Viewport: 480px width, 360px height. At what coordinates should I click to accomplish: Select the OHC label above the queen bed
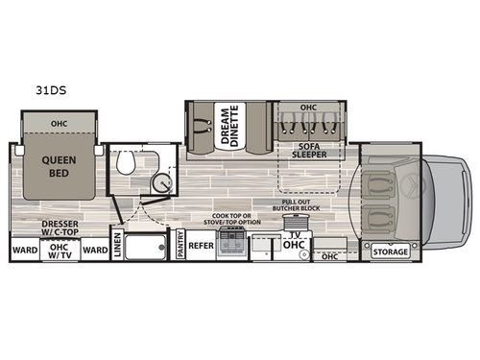pyautogui.click(x=60, y=123)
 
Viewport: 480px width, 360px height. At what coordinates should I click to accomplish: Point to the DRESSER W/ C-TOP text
pyautogui.click(x=60, y=228)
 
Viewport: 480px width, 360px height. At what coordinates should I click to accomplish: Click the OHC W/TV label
pyautogui.click(x=60, y=251)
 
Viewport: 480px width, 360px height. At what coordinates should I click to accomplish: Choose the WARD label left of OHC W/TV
pyautogui.click(x=24, y=251)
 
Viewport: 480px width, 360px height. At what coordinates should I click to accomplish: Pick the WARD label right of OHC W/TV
pyautogui.click(x=94, y=251)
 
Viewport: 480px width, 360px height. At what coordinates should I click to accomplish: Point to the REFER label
pyautogui.click(x=200, y=245)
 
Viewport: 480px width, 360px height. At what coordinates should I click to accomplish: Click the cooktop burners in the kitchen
pyautogui.click(x=232, y=246)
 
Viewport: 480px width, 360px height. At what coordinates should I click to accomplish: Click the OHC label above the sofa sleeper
pyautogui.click(x=308, y=108)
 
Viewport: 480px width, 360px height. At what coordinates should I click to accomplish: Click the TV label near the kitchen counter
pyautogui.click(x=294, y=233)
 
